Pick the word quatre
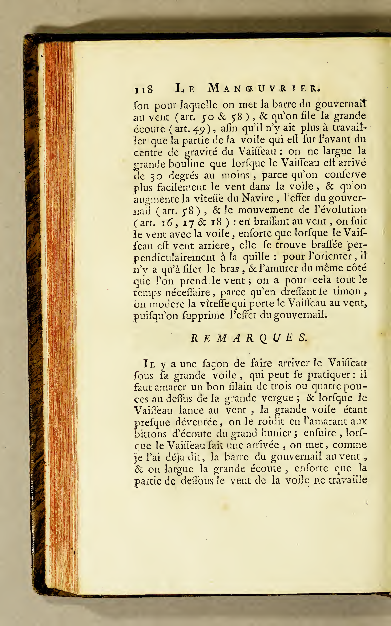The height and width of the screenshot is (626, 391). tap(326, 387)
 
